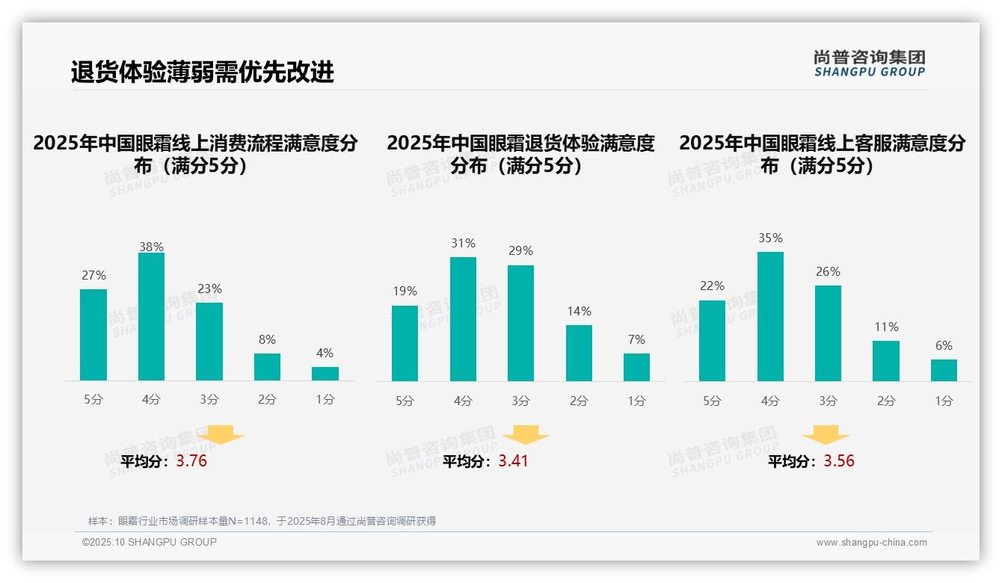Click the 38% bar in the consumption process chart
(151, 317)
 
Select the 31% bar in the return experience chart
(463, 319)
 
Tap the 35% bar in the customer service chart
(770, 316)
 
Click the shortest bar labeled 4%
(325, 374)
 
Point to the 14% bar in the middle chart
(579, 353)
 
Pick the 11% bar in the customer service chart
(886, 361)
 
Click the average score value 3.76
(191, 461)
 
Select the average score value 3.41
(513, 461)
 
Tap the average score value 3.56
(839, 461)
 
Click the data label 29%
(520, 251)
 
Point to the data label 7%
(636, 339)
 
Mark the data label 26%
(828, 271)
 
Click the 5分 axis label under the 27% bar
(93, 400)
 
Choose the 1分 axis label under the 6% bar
(944, 401)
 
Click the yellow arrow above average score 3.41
(526, 434)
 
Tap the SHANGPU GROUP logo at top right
(870, 64)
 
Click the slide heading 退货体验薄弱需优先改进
(202, 72)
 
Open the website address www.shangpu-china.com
(871, 543)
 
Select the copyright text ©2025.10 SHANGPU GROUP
(150, 542)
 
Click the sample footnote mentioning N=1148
(262, 521)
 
